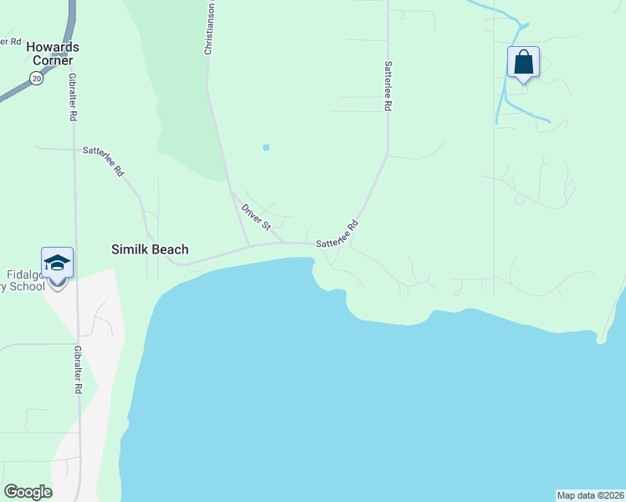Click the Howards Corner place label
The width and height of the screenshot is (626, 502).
pyautogui.click(x=52, y=54)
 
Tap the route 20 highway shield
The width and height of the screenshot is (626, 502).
pyautogui.click(x=35, y=78)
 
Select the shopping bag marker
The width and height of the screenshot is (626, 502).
pyautogui.click(x=523, y=63)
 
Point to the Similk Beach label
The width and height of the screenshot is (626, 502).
pyautogui.click(x=150, y=249)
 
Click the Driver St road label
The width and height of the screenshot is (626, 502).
pyautogui.click(x=256, y=217)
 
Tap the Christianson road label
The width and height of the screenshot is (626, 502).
pyautogui.click(x=211, y=29)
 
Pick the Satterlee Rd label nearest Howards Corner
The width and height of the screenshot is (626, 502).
pyautogui.click(x=104, y=161)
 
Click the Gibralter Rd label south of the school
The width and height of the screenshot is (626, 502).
pyautogui.click(x=77, y=370)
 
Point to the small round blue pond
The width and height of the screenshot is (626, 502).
pyautogui.click(x=266, y=147)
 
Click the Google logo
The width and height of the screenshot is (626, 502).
pyautogui.click(x=28, y=492)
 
